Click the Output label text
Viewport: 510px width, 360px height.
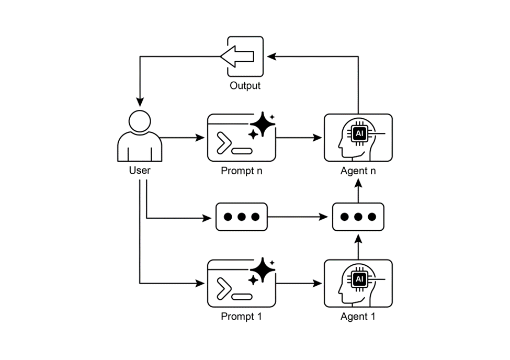tap(245, 85)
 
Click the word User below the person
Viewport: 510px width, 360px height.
tap(140, 170)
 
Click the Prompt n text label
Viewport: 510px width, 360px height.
tap(242, 171)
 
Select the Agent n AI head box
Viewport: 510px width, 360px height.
tap(358, 137)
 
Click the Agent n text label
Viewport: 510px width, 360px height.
tap(358, 171)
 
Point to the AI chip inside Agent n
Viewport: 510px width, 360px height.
tap(359, 133)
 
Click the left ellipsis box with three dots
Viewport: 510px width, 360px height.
tap(242, 217)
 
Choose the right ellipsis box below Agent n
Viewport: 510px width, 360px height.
tap(358, 217)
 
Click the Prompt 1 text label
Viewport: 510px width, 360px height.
tap(242, 316)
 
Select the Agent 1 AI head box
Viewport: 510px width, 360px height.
tap(358, 283)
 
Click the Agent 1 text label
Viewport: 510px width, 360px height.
tap(358, 316)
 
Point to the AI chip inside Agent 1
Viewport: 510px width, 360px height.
tap(359, 279)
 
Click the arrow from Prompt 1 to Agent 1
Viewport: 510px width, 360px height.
tap(299, 284)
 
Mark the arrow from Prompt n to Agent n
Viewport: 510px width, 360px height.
tap(299, 138)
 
